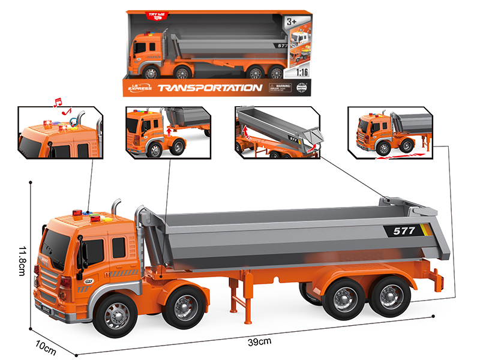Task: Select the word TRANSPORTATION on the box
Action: pyautogui.click(x=209, y=88)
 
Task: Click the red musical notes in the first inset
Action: pyautogui.click(x=61, y=106)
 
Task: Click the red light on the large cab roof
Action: pyautogui.click(x=77, y=212)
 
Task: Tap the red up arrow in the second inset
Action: pyautogui.click(x=170, y=129)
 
